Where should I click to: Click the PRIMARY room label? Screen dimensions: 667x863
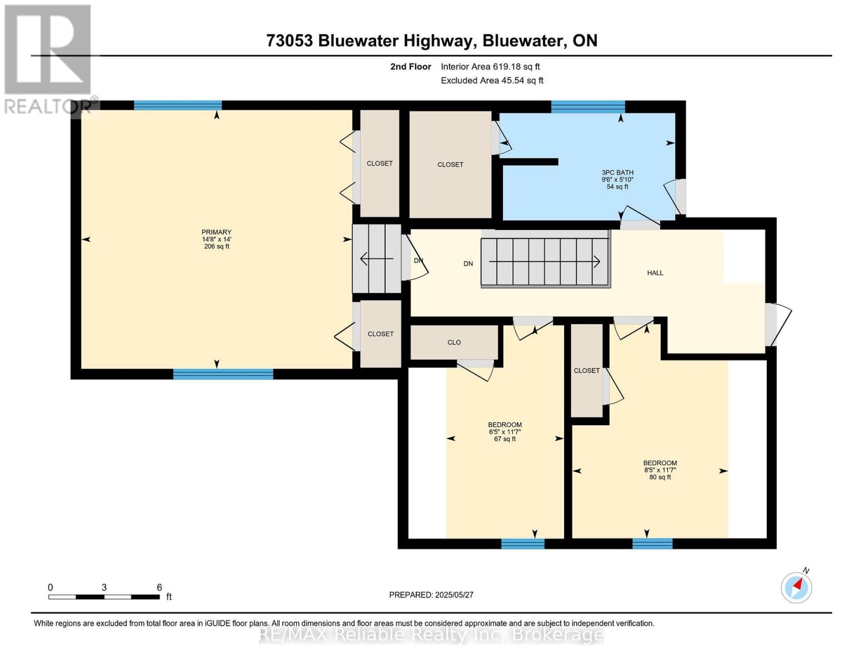click(x=216, y=239)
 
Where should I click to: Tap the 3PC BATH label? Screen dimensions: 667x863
click(x=617, y=179)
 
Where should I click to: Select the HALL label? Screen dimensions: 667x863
click(x=655, y=273)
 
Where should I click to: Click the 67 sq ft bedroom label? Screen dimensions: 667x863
click(x=505, y=432)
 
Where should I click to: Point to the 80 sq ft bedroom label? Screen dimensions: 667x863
click(x=660, y=470)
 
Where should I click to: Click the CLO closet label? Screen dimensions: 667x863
click(x=454, y=342)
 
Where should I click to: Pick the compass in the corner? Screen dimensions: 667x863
click(x=796, y=587)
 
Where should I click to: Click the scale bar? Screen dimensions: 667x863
click(x=104, y=596)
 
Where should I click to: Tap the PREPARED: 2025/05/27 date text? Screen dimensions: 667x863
click(x=431, y=595)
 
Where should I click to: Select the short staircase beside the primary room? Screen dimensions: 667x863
click(x=377, y=258)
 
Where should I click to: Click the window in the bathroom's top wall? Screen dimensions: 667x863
click(x=588, y=107)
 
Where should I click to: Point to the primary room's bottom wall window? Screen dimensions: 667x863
click(x=223, y=374)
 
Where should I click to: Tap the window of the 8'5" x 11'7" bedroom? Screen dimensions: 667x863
click(x=652, y=544)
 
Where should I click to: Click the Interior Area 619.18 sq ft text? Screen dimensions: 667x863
click(x=490, y=67)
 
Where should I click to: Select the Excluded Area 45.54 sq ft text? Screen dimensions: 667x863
click(x=492, y=81)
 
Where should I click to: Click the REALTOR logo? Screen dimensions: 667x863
click(x=49, y=58)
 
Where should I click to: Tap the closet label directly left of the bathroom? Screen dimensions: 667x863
click(x=450, y=165)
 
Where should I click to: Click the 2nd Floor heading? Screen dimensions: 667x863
click(x=411, y=67)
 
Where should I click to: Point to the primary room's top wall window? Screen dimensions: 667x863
click(x=178, y=106)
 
